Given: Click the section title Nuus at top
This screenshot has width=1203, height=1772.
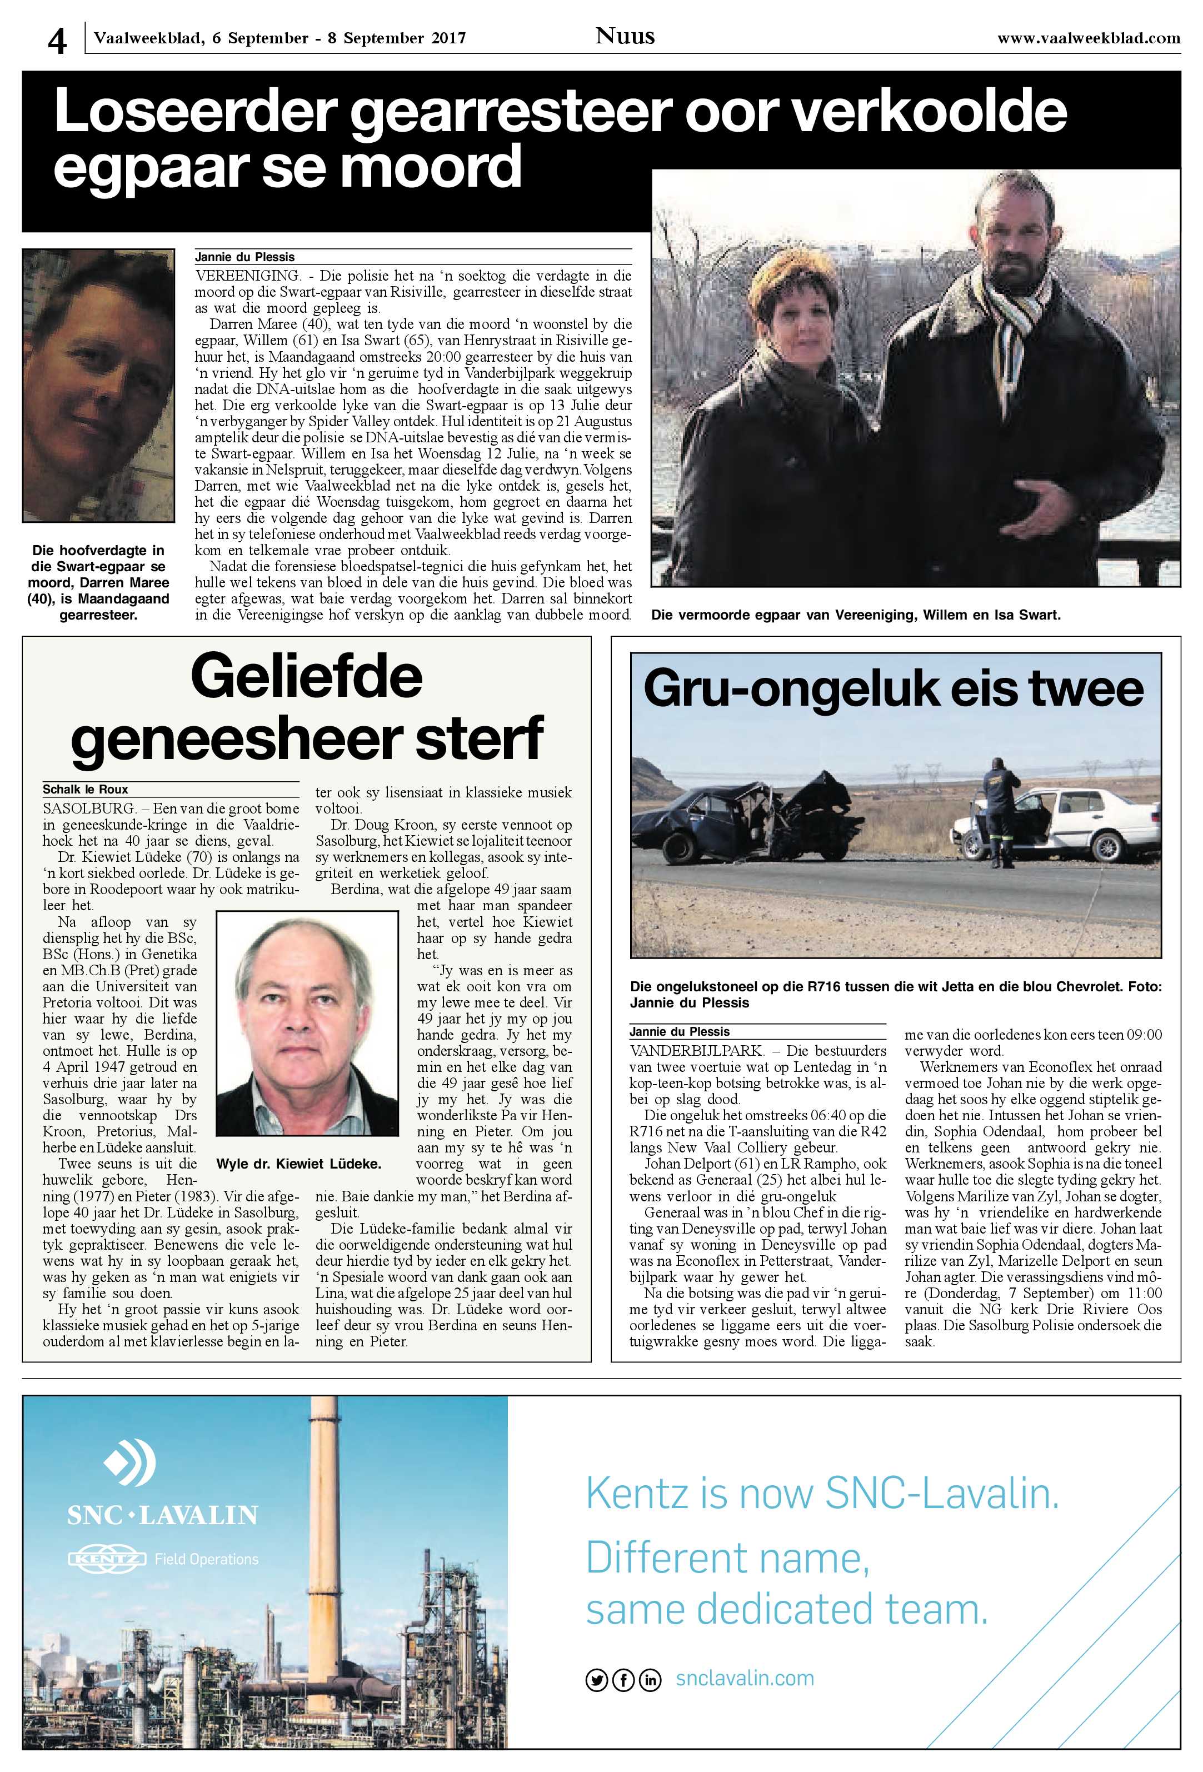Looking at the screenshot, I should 625,36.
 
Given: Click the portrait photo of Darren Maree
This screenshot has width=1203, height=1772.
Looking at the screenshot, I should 98,386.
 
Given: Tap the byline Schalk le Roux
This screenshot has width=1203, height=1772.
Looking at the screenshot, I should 86,789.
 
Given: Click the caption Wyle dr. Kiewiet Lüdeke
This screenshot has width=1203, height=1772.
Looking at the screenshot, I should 299,1164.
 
